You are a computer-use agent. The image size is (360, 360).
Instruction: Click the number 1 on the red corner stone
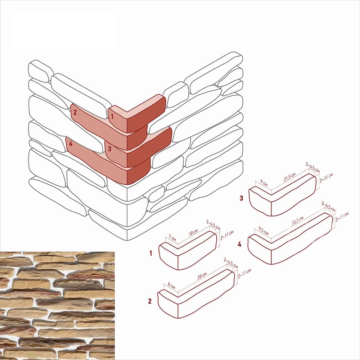pos(112,116)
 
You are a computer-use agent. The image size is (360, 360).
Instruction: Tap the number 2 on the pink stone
pos(75,112)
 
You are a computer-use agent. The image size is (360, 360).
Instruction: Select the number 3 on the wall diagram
pos(109,149)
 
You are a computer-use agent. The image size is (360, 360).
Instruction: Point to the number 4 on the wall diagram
pos(71,144)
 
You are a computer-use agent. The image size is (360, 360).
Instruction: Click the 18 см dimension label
pos(193,232)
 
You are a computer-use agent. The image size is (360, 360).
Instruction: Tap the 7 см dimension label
pos(172,238)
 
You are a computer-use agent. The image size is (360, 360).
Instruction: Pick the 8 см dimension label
pos(171,285)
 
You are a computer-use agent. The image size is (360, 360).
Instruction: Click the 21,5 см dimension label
pos(289,177)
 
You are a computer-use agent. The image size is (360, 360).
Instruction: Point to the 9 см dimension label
pos(264,183)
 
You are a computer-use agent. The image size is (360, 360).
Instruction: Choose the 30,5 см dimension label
pos(297,220)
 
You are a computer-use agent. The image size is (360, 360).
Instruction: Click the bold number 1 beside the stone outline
pos(150,253)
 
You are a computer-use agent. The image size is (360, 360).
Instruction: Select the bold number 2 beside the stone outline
pos(150,301)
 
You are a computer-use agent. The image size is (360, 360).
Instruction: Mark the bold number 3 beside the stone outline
pos(241,198)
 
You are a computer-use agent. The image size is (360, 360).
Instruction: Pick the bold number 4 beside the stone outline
pos(239,244)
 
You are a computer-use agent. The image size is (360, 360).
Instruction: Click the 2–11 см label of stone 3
pos(326,178)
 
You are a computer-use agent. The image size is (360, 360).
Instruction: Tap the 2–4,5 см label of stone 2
pos(231,263)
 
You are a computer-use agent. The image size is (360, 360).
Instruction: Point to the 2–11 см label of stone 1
pos(227,235)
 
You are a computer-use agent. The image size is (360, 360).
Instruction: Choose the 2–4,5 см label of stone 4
pos(328,207)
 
